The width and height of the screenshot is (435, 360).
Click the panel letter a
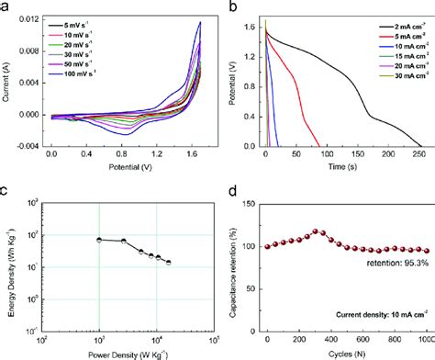(x=6, y=6)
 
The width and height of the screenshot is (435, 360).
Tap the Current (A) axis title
(x=7, y=80)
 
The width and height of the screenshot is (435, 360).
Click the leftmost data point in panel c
(x=99, y=240)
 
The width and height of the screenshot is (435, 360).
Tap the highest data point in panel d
(x=318, y=232)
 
